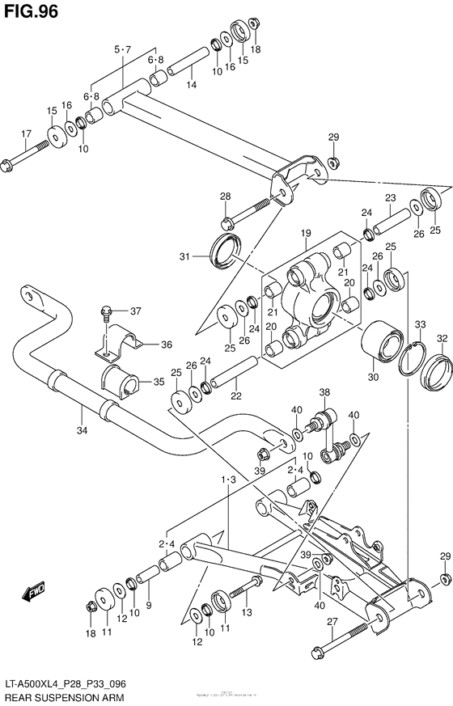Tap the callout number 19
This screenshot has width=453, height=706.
click(307, 235)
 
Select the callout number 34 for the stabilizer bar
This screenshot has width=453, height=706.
click(82, 430)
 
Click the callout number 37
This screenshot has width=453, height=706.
click(136, 311)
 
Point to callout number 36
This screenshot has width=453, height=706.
click(166, 345)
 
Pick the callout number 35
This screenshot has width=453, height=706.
click(159, 381)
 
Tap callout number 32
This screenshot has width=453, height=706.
click(442, 338)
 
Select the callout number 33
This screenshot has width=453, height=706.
click(420, 325)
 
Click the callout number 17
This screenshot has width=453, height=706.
click(26, 133)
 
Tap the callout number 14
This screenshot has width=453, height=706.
click(191, 84)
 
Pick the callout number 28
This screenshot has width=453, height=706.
click(225, 196)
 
